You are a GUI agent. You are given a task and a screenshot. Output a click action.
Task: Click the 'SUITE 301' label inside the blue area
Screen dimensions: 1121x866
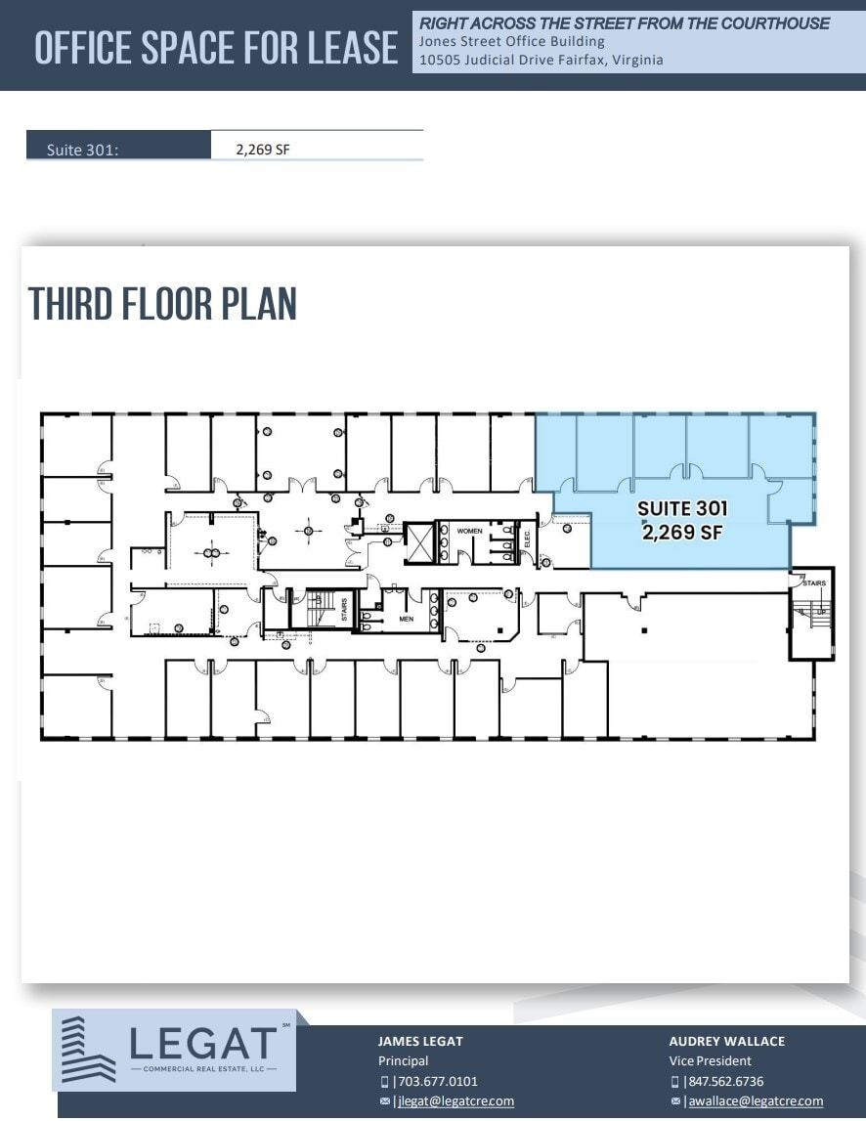coord(682,509)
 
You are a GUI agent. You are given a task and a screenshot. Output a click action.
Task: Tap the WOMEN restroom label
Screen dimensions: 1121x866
coord(469,532)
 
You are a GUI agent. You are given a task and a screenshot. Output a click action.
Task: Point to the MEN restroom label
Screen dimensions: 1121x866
coord(406,619)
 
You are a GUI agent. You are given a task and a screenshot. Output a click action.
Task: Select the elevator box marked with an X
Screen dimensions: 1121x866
coord(419,540)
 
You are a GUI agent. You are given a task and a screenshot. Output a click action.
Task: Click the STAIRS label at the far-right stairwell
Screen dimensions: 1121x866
coord(814,583)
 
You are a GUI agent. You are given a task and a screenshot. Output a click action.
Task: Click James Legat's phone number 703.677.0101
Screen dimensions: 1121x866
coord(435,1081)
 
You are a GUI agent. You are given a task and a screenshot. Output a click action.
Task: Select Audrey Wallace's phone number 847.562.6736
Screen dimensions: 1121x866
coord(726,1081)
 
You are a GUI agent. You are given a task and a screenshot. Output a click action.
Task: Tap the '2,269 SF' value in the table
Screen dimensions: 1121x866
coord(263,150)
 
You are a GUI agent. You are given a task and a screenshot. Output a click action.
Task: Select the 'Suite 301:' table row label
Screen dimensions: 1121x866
coord(83,151)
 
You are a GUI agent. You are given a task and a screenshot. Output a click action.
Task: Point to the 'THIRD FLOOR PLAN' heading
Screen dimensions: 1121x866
coord(162,304)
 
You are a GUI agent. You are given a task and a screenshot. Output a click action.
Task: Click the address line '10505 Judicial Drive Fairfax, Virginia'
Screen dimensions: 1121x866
coord(541,60)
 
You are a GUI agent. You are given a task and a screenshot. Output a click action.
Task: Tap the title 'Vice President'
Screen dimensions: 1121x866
coord(710,1060)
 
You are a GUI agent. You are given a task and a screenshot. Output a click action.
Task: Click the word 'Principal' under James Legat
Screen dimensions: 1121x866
coord(403,1060)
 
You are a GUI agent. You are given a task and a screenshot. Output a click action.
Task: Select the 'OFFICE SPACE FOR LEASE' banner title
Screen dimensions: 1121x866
coord(216,47)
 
